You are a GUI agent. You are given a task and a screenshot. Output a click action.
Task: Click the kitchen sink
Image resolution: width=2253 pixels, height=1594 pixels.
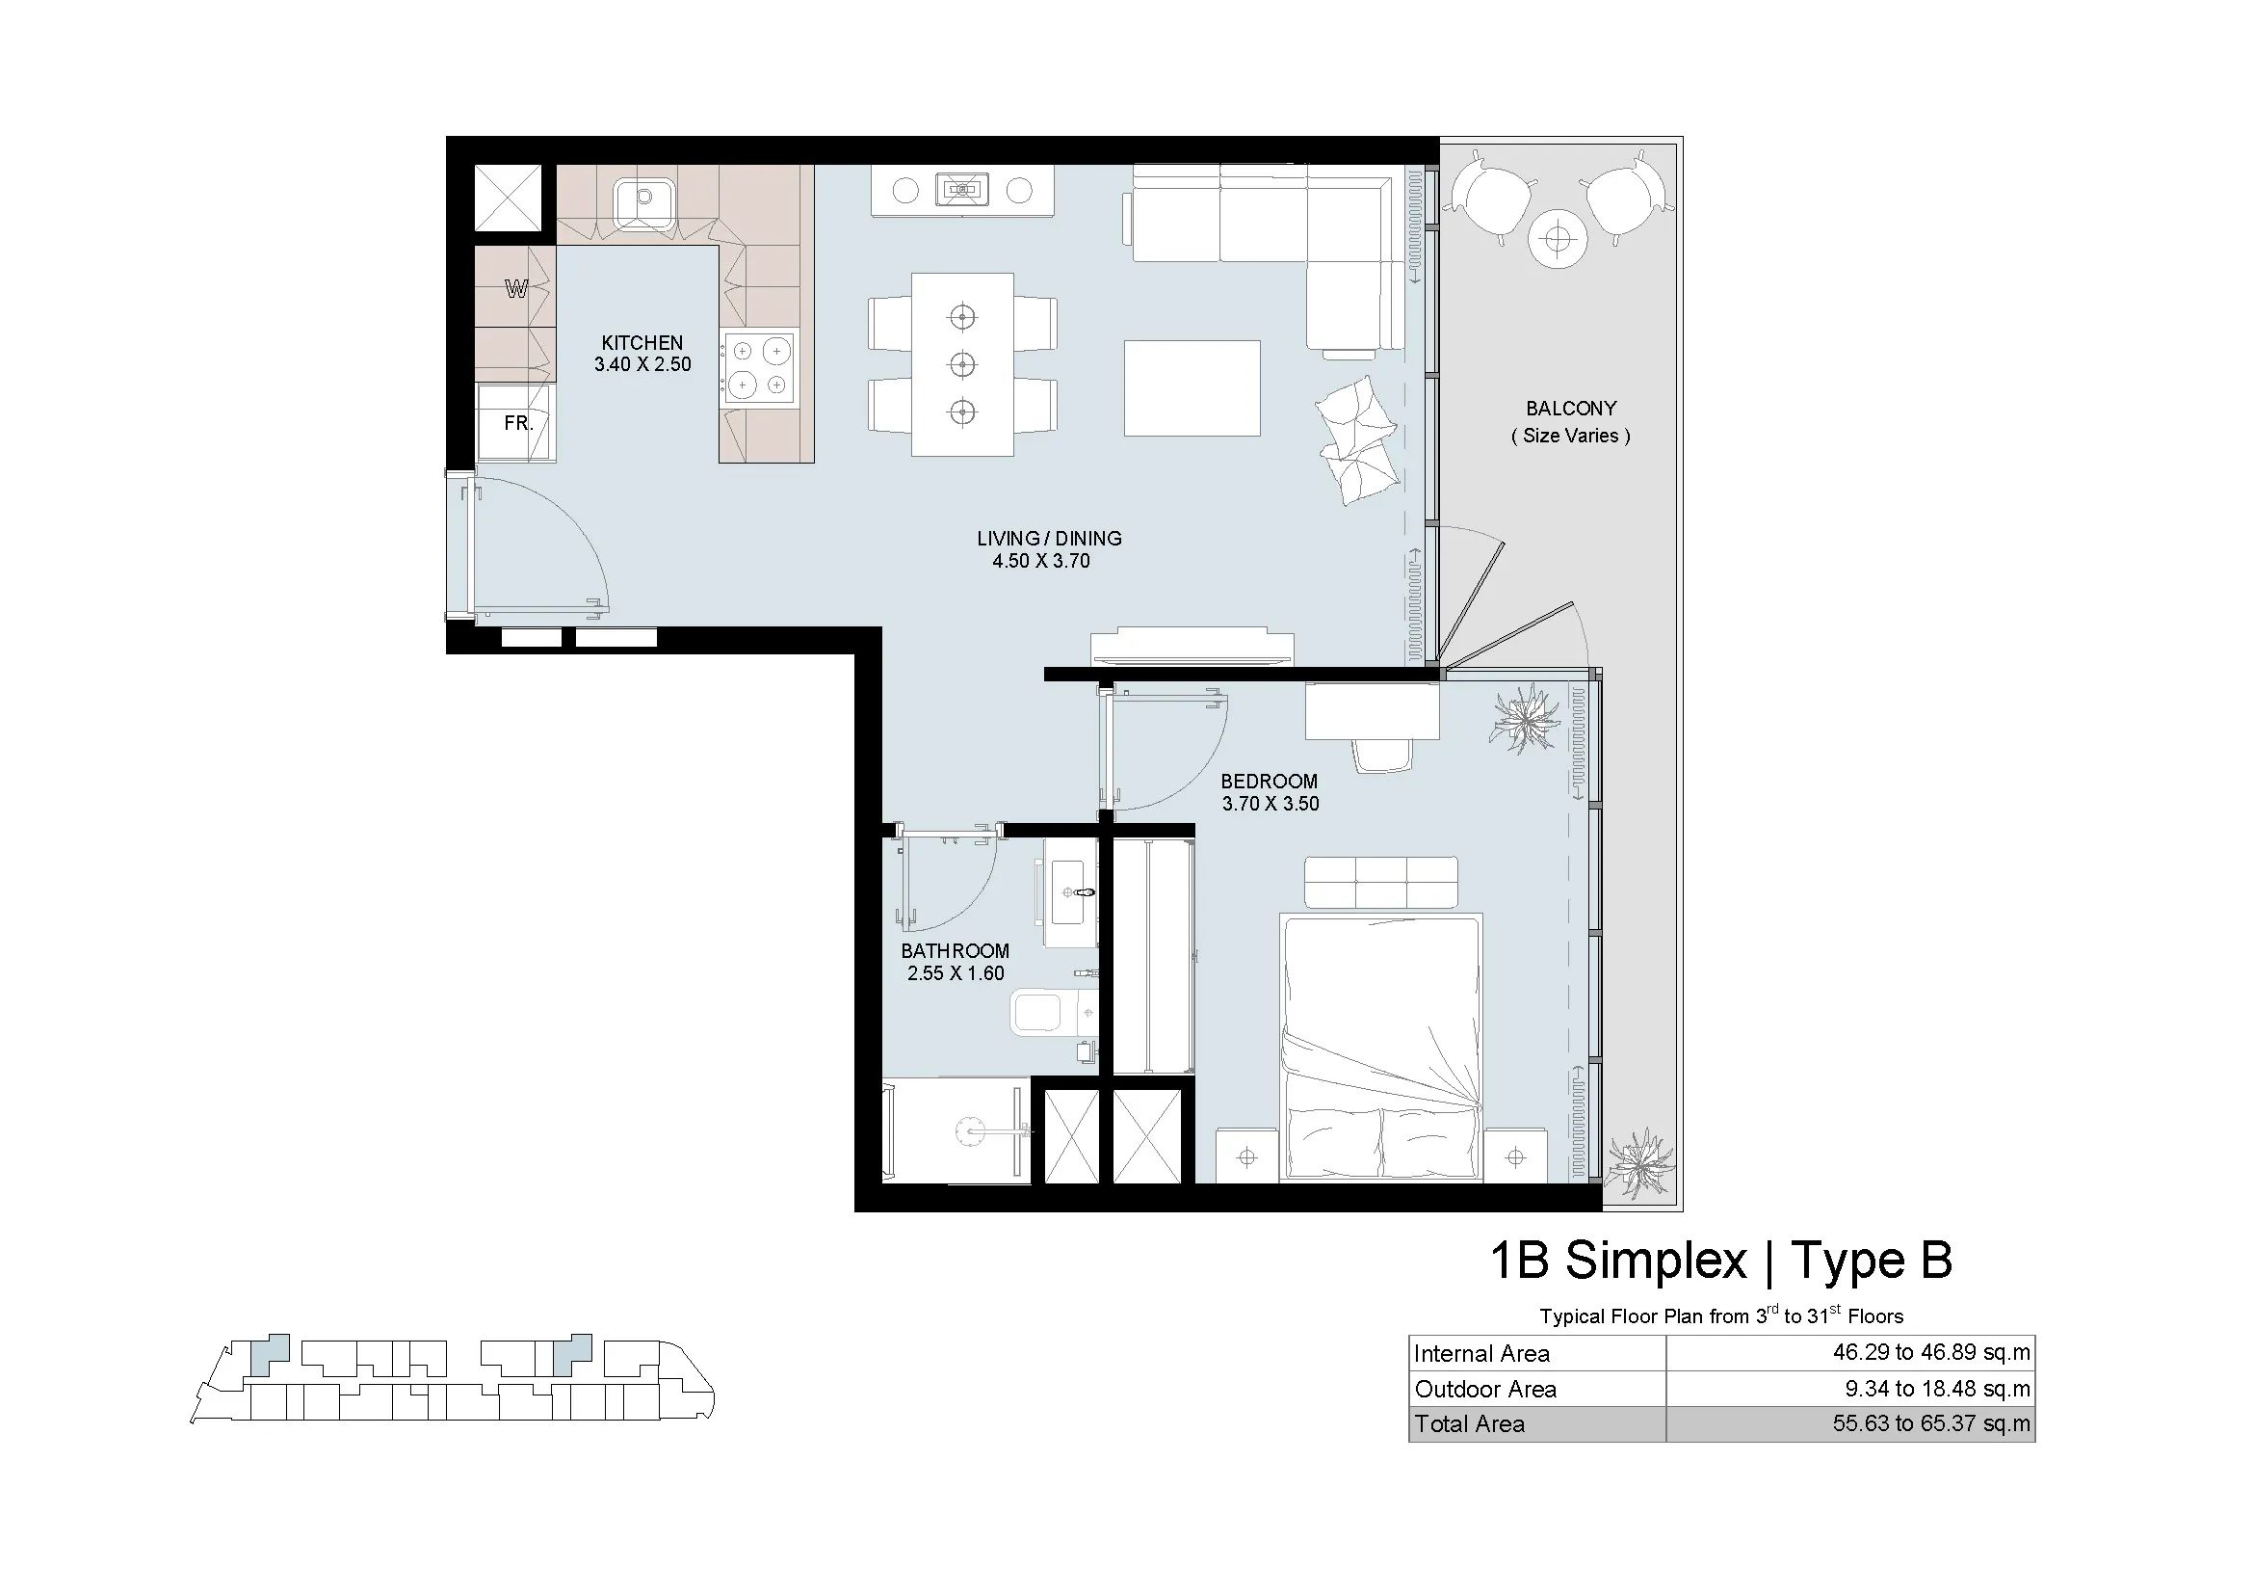643,204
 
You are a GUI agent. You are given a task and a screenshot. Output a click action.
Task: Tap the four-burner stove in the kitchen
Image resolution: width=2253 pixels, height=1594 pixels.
758,367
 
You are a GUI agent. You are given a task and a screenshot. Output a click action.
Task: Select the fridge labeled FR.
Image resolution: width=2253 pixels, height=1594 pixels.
515,422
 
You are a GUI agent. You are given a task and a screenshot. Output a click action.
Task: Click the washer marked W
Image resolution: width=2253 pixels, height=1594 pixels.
515,287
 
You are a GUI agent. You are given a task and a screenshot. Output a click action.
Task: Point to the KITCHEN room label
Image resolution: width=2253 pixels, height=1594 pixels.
642,342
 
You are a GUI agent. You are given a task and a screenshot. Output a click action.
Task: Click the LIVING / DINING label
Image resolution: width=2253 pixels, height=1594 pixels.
1049,538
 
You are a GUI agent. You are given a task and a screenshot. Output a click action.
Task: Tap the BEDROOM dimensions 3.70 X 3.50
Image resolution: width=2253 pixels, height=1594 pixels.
1271,804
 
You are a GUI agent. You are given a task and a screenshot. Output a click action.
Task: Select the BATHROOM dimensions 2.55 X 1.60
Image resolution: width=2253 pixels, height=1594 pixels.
956,973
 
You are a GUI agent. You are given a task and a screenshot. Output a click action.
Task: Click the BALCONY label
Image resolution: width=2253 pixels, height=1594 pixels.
1571,409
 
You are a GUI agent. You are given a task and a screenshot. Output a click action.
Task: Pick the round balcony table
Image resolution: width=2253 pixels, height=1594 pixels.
1558,238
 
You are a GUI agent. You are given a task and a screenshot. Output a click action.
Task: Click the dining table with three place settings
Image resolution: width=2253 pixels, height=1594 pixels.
962,364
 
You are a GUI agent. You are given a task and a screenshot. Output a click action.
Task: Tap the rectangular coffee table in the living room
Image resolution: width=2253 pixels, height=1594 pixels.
1192,387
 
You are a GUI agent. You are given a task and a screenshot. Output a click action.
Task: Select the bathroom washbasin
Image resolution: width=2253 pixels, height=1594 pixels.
1071,892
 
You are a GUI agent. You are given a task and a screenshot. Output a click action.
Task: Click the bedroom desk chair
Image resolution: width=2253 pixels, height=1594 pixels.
1383,755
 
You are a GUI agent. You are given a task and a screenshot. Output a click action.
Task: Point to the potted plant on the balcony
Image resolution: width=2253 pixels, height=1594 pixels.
1637,1163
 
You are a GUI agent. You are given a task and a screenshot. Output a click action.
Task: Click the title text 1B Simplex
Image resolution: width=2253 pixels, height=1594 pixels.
1619,1262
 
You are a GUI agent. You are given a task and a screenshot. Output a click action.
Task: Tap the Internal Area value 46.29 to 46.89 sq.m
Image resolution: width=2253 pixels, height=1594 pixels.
1931,1352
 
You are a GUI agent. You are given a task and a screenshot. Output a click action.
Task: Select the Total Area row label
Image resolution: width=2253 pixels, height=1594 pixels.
1469,1424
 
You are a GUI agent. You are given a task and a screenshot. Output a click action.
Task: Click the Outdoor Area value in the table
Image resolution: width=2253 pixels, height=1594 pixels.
1937,1389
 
